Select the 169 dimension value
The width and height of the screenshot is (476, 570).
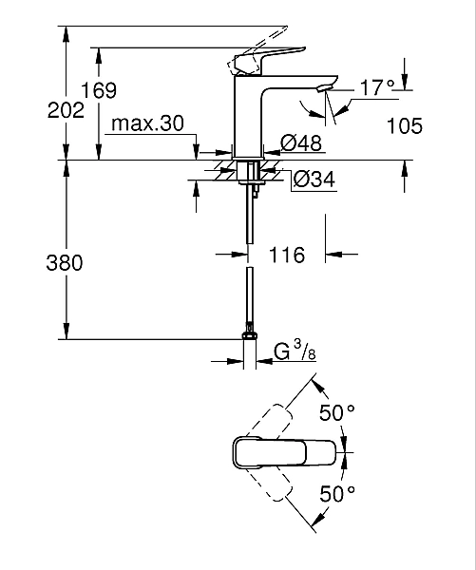98,91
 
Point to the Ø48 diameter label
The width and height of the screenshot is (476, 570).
301,143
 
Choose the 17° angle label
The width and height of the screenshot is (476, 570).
376,87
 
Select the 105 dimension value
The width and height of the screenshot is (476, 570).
405,124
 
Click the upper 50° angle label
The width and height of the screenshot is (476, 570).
337,413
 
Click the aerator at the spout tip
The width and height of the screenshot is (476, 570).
325,89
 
